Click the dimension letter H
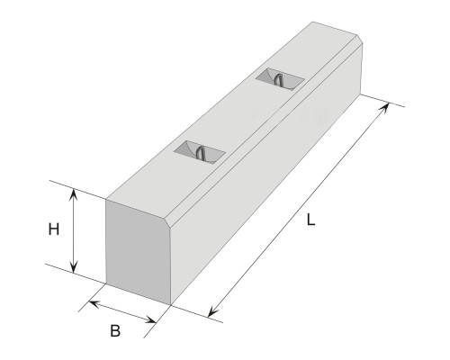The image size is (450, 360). [54, 229]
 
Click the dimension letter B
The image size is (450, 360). [115, 331]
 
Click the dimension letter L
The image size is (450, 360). [310, 220]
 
